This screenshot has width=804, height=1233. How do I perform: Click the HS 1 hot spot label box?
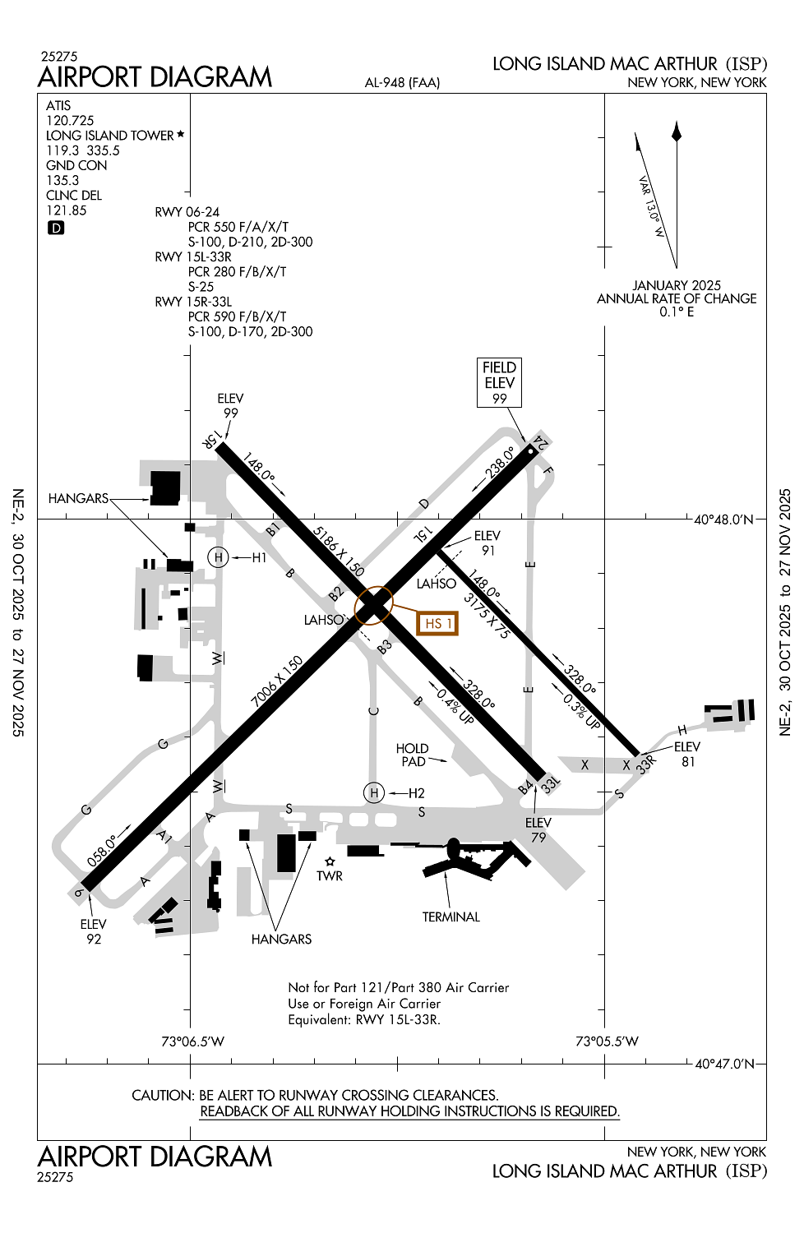tap(438, 623)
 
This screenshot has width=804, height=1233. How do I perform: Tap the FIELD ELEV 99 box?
tap(499, 382)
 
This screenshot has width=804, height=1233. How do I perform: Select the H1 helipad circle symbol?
tap(219, 557)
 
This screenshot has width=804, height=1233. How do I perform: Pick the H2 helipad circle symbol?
tap(374, 792)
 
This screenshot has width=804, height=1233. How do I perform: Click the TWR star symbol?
tap(330, 861)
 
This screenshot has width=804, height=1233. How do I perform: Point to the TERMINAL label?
tap(451, 917)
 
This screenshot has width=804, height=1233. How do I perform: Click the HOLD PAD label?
tap(412, 755)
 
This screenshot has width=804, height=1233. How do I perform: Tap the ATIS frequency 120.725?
tap(70, 121)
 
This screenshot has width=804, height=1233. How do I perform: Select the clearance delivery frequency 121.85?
tap(66, 210)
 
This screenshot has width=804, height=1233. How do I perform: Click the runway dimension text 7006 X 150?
tap(277, 681)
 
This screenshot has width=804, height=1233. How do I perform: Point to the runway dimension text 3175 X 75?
tap(486, 616)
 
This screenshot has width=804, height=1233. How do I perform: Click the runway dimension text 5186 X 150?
tap(338, 550)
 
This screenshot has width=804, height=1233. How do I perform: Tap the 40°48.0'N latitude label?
tap(723, 520)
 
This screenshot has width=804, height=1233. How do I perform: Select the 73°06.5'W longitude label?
tap(192, 1041)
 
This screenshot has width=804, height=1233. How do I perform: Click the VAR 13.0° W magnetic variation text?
tap(651, 206)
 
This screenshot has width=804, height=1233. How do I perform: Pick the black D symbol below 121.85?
tap(56, 228)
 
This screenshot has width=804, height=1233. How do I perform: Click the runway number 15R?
tap(212, 440)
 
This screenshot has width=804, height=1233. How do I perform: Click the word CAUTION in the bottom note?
tap(163, 1095)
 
